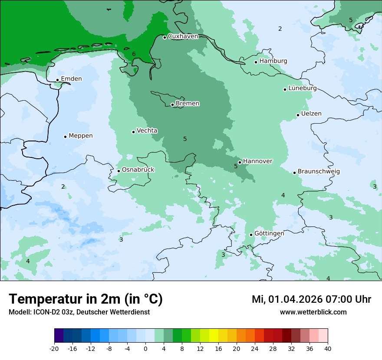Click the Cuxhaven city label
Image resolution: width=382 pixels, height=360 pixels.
183,36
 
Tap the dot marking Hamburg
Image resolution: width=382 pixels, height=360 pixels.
256,62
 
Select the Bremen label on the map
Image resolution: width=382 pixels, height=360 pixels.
188,104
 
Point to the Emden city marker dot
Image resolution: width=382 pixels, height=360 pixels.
57,80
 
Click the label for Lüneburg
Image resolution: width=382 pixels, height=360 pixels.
303,88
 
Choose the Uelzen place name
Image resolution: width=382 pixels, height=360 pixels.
311,114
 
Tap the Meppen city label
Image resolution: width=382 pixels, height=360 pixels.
81,136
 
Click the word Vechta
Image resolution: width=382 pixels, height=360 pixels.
147,131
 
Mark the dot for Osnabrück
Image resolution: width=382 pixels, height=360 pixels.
119,171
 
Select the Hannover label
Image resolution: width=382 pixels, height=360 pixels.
258,161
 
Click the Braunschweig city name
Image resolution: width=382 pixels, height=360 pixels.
319,171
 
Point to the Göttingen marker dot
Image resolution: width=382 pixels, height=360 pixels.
251,235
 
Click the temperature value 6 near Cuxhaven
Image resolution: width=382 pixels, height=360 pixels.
134,54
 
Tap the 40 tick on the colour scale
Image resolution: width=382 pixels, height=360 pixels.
328,349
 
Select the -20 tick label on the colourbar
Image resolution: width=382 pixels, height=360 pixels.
54,349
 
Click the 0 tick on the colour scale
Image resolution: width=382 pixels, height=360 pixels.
145,349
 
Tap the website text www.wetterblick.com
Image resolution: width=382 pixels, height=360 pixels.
313,312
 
